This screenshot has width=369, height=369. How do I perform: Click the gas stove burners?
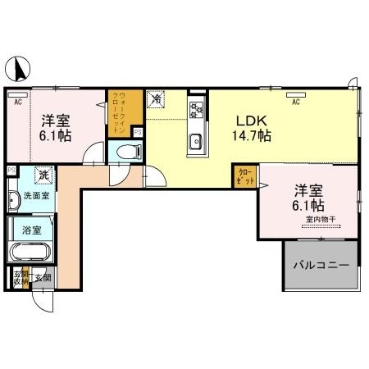(196, 109)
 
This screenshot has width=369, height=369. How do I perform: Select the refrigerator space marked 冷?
(155, 99)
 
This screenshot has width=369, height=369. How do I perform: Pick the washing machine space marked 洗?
(42, 175)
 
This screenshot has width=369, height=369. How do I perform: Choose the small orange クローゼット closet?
(244, 175)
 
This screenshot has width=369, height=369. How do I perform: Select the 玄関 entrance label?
(43, 276)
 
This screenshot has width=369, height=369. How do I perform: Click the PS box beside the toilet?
(138, 131)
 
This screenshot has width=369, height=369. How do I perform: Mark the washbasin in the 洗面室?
(14, 199)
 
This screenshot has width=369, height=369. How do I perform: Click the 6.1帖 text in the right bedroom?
(308, 205)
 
